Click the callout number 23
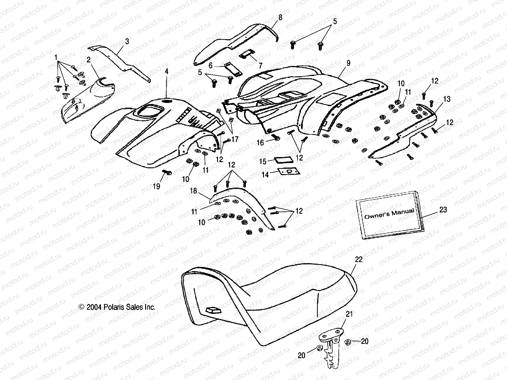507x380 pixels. (443, 210)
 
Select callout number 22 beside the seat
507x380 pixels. (359, 260)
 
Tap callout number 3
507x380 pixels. (127, 41)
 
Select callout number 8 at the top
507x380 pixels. (280, 17)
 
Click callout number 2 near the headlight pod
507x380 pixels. (88, 60)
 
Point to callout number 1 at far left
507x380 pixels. (56, 58)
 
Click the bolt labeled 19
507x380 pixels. (167, 173)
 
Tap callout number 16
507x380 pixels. (260, 143)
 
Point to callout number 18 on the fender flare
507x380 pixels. (193, 191)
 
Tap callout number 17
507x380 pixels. (234, 139)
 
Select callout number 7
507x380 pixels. (260, 66)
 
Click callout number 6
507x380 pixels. (210, 66)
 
